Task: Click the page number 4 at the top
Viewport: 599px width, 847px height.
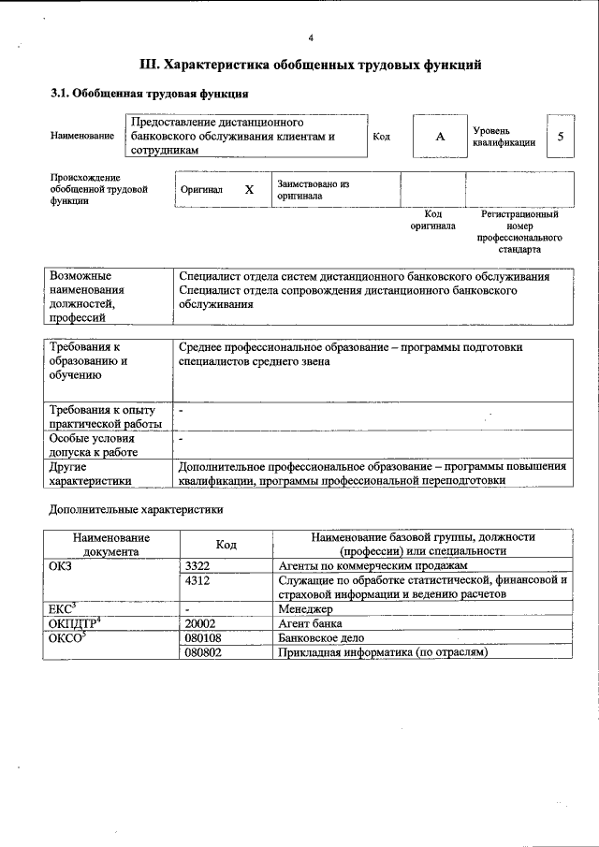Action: [x=310, y=37]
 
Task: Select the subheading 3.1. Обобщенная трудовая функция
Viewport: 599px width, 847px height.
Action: [x=149, y=94]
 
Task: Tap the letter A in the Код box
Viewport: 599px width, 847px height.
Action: [x=439, y=137]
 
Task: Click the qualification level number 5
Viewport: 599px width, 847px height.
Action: [x=560, y=137]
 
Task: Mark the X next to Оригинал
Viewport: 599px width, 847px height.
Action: [x=249, y=189]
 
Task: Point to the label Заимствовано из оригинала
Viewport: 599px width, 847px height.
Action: [x=313, y=190]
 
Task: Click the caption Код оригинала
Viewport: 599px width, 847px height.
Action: [x=432, y=220]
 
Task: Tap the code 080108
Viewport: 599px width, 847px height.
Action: [x=203, y=637]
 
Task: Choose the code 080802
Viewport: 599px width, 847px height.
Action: [x=203, y=651]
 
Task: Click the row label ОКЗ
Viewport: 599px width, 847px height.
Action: [x=61, y=567]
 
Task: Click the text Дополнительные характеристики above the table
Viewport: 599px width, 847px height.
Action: [x=136, y=510]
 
